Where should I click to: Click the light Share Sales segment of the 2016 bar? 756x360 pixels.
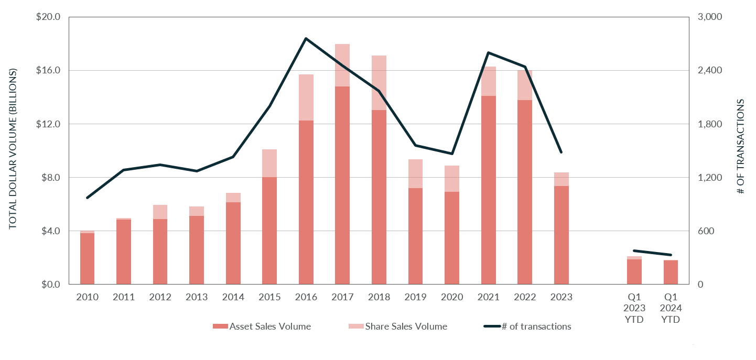pyautogui.click(x=306, y=97)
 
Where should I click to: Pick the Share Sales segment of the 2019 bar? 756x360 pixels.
pyautogui.click(x=415, y=173)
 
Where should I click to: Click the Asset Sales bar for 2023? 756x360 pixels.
pyautogui.click(x=561, y=235)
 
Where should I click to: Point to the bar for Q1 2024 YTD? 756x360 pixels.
pyautogui.click(x=671, y=272)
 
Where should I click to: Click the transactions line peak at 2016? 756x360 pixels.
pyautogui.click(x=306, y=38)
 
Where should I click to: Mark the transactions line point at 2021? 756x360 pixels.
pyautogui.click(x=488, y=52)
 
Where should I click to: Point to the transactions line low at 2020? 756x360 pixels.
pyautogui.click(x=452, y=154)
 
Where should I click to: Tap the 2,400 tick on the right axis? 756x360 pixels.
pyautogui.click(x=707, y=70)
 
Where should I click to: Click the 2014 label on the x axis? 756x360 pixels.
pyautogui.click(x=233, y=297)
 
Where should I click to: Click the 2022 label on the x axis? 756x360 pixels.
pyautogui.click(x=525, y=297)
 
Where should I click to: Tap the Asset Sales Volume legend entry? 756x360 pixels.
pyautogui.click(x=262, y=326)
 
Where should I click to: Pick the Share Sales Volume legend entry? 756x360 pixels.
pyautogui.click(x=398, y=326)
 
